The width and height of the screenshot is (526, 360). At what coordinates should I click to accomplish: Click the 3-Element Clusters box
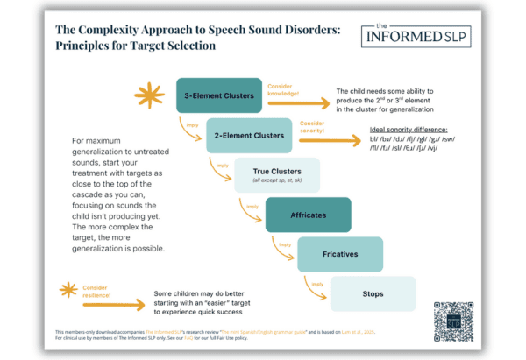220,95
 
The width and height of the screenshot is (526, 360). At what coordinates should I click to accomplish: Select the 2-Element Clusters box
249,135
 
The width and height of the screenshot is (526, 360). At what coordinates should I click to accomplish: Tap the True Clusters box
276,174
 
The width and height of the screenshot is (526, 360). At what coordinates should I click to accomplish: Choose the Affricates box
308,214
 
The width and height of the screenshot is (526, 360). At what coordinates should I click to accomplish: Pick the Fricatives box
339,253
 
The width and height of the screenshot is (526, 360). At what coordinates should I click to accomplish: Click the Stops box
372,293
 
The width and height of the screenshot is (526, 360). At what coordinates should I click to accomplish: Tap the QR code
453,321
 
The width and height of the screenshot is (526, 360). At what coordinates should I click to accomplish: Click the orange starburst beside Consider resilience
67,290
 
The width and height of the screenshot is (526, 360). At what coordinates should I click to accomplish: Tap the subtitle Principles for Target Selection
137,45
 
